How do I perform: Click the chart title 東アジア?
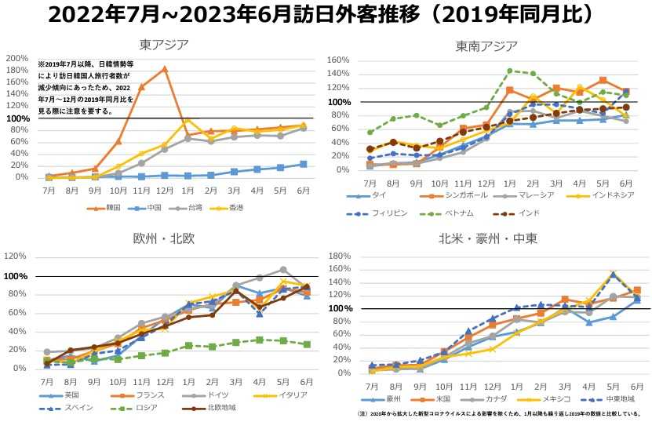click(x=164, y=45)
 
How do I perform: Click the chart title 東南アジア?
click(x=486, y=45)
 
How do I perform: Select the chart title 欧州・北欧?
click(x=164, y=238)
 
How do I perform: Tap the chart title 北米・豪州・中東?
click(x=486, y=238)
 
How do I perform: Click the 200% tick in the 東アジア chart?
click(x=16, y=59)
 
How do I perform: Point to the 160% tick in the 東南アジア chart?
click(x=337, y=60)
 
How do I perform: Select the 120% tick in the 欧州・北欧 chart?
click(x=16, y=256)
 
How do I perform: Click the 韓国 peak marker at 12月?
click(x=165, y=69)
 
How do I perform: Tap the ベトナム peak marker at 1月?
click(x=510, y=71)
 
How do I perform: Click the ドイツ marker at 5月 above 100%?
click(x=283, y=270)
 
